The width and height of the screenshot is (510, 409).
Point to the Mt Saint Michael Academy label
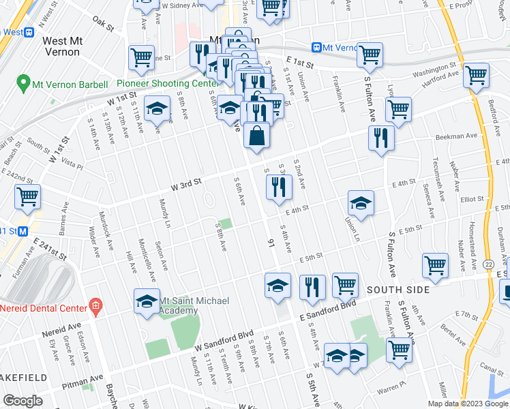tap(179, 305)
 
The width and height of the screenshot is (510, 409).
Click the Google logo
tap(22, 401)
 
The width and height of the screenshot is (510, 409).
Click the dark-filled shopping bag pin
tap(256, 136)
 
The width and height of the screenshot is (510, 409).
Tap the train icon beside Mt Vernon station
tap(316, 47)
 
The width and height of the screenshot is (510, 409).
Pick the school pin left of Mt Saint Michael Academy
tap(147, 302)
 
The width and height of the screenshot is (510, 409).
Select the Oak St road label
tap(104, 24)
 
